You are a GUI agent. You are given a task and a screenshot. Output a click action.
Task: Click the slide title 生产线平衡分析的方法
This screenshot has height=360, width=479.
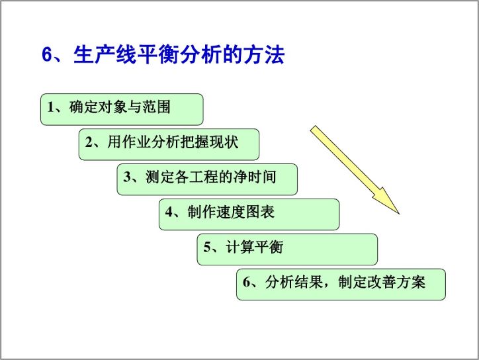[179, 55]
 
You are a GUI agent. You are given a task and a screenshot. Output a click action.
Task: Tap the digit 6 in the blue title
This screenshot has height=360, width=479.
[47, 55]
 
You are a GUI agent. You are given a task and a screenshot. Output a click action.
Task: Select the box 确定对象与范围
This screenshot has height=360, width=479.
[122, 109]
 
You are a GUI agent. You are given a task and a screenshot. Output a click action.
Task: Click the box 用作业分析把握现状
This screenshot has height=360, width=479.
[169, 144]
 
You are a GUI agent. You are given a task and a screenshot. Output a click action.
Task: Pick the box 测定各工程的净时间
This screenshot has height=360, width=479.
[207, 179]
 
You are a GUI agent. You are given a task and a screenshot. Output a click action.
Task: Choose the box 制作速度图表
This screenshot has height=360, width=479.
[249, 214]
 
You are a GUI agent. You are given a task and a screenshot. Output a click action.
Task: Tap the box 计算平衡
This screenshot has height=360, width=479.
[287, 249]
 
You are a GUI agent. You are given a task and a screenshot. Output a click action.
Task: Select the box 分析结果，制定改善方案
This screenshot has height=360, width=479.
[341, 285]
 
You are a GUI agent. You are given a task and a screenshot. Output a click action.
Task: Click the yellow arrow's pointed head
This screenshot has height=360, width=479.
[399, 214]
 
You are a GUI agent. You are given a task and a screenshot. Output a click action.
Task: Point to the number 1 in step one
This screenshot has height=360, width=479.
[51, 107]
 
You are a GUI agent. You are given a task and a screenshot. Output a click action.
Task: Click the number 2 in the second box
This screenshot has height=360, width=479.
[89, 142]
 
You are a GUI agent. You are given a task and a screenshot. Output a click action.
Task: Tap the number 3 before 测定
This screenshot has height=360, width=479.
[127, 177]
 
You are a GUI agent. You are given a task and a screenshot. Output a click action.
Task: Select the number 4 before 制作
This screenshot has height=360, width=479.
[169, 212]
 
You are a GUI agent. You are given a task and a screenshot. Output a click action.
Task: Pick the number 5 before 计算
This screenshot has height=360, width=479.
[207, 247]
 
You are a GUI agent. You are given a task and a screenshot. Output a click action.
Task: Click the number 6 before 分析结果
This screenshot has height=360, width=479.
[247, 282]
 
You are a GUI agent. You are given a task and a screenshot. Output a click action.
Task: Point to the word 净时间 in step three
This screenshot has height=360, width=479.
[255, 177]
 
